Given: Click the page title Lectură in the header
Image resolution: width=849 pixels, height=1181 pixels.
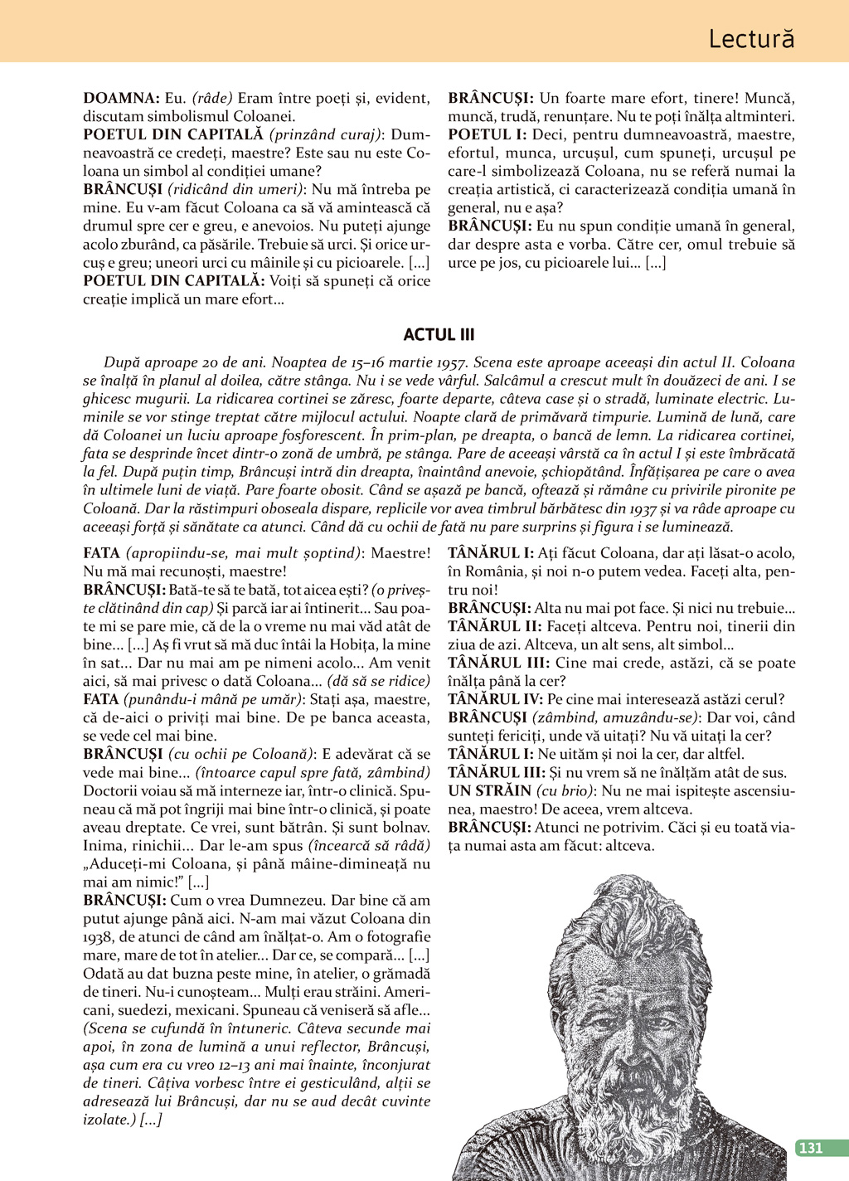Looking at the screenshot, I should (x=751, y=39).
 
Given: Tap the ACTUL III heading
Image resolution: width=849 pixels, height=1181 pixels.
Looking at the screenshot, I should (x=439, y=335).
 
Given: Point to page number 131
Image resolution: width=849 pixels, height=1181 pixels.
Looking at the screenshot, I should (x=809, y=1148).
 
